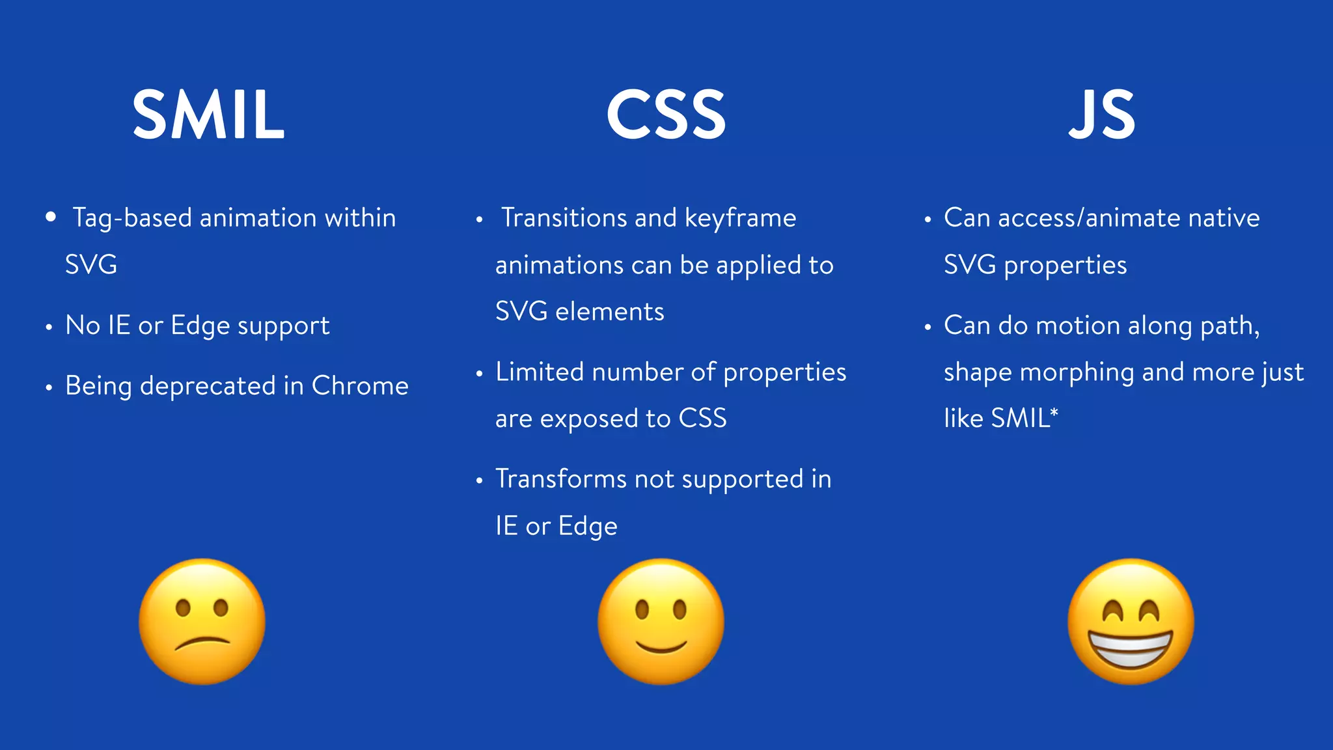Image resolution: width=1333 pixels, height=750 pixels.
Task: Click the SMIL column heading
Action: [208, 115]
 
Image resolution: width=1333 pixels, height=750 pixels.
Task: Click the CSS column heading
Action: [666, 115]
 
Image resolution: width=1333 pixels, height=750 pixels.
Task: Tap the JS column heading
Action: [1102, 115]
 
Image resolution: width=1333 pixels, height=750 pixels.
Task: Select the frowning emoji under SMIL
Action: [202, 621]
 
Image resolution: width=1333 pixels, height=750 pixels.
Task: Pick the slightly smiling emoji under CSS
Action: [661, 621]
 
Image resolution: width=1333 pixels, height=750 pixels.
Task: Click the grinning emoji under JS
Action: [1131, 621]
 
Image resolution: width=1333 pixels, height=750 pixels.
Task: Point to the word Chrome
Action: [360, 386]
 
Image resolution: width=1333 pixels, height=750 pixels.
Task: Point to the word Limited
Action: [539, 372]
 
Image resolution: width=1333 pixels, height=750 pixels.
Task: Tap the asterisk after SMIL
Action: [1054, 412]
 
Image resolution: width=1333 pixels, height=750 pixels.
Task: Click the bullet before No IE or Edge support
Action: [49, 327]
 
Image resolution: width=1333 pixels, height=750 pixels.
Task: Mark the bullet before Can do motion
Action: [928, 327]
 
